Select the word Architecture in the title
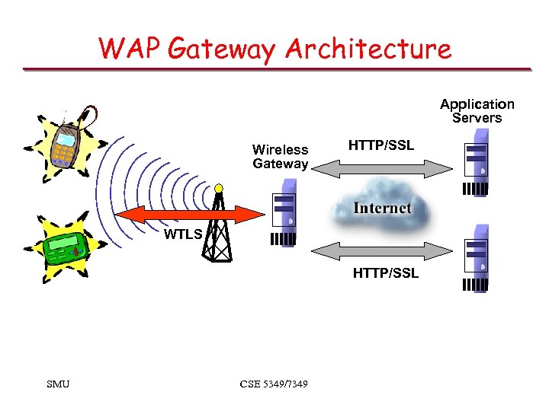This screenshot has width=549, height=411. [368, 49]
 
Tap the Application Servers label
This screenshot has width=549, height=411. [477, 110]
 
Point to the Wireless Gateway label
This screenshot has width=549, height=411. [280, 157]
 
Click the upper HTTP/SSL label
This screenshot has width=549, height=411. [380, 145]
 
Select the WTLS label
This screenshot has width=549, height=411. [183, 234]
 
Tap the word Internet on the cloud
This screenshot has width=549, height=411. [381, 208]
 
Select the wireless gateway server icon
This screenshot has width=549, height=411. [284, 213]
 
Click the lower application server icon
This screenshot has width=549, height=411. [476, 259]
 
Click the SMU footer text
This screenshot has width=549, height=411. [58, 384]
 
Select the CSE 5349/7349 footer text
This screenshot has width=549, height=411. [274, 384]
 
